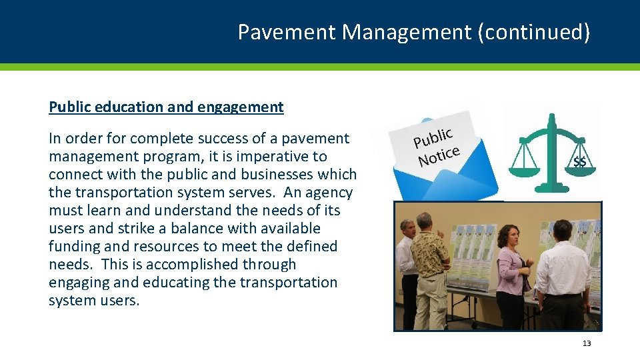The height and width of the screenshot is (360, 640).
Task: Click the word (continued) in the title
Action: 533,32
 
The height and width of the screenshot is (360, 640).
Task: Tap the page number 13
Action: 587,343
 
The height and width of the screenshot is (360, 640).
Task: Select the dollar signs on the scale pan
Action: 580,162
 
